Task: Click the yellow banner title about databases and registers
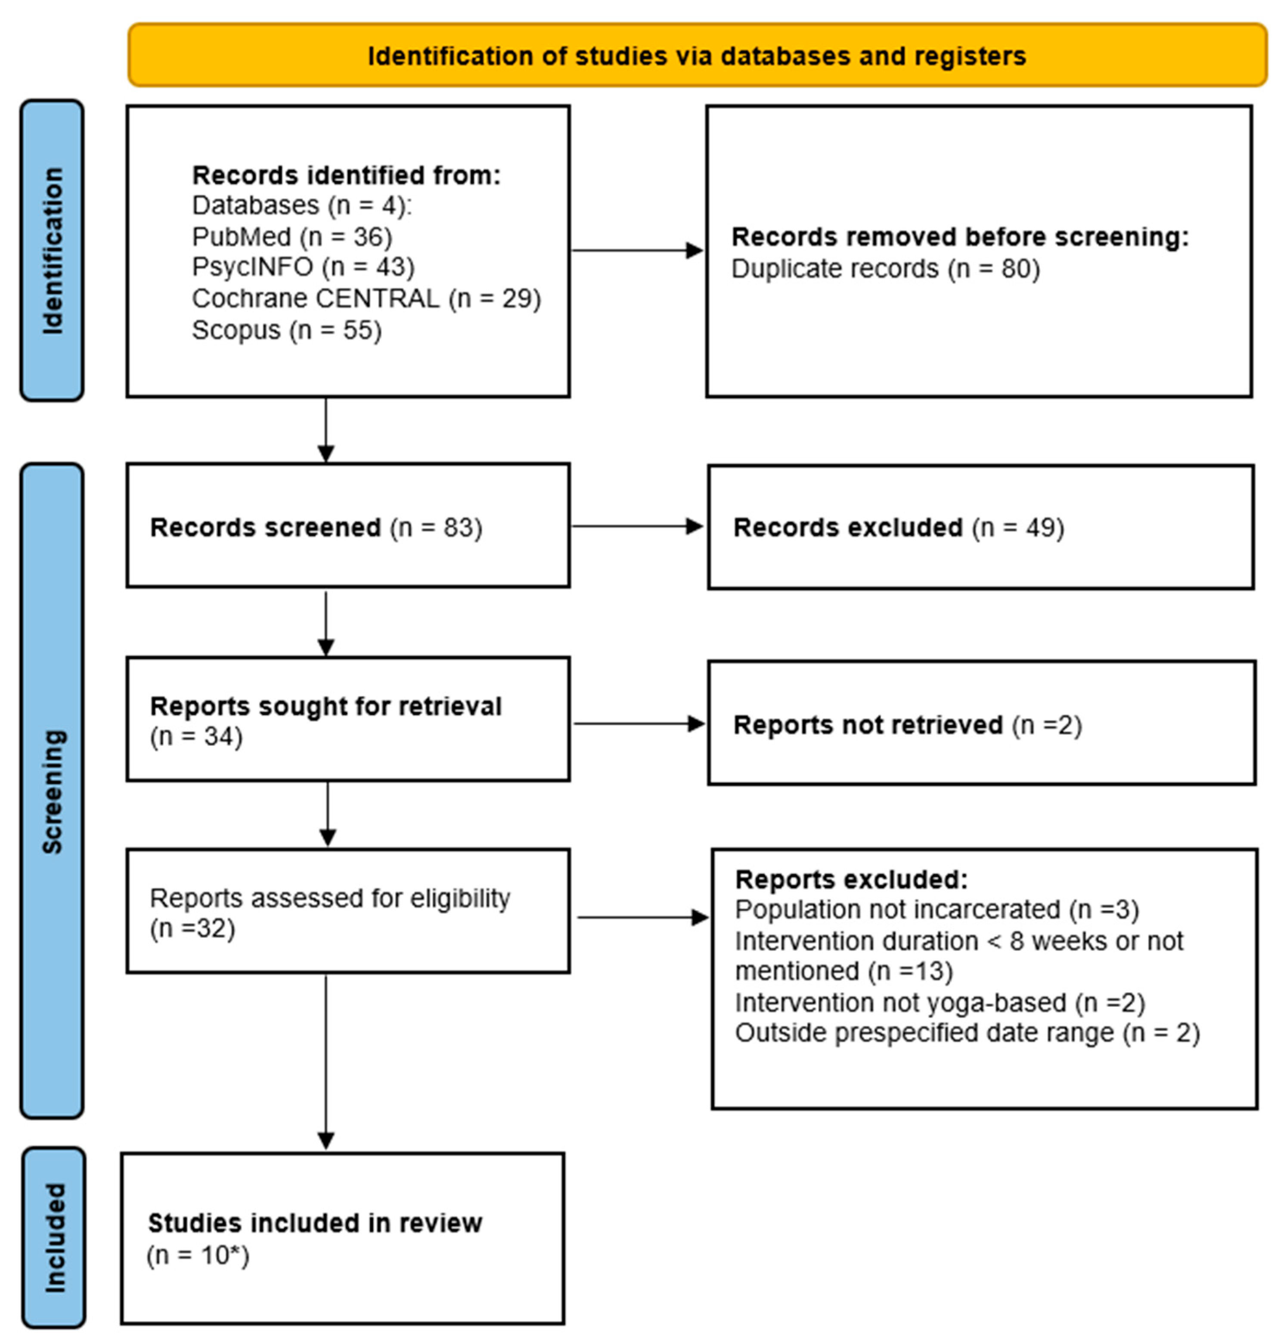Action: pyautogui.click(x=696, y=56)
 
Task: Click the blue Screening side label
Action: pyautogui.click(x=52, y=791)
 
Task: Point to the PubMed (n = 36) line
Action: pyautogui.click(x=292, y=236)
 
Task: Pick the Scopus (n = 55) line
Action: pyautogui.click(x=287, y=330)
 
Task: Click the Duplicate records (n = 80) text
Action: pyautogui.click(x=885, y=269)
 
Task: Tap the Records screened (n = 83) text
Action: pyautogui.click(x=316, y=527)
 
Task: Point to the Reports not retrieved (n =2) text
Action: pyautogui.click(x=907, y=725)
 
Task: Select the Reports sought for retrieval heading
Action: pyautogui.click(x=325, y=706)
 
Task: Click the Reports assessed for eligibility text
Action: pyautogui.click(x=329, y=898)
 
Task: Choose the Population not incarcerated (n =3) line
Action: pyautogui.click(x=936, y=910)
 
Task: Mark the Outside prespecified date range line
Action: pyautogui.click(x=967, y=1033)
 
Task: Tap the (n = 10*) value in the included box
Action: pyautogui.click(x=198, y=1255)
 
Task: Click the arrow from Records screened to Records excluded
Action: pyautogui.click(x=637, y=526)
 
